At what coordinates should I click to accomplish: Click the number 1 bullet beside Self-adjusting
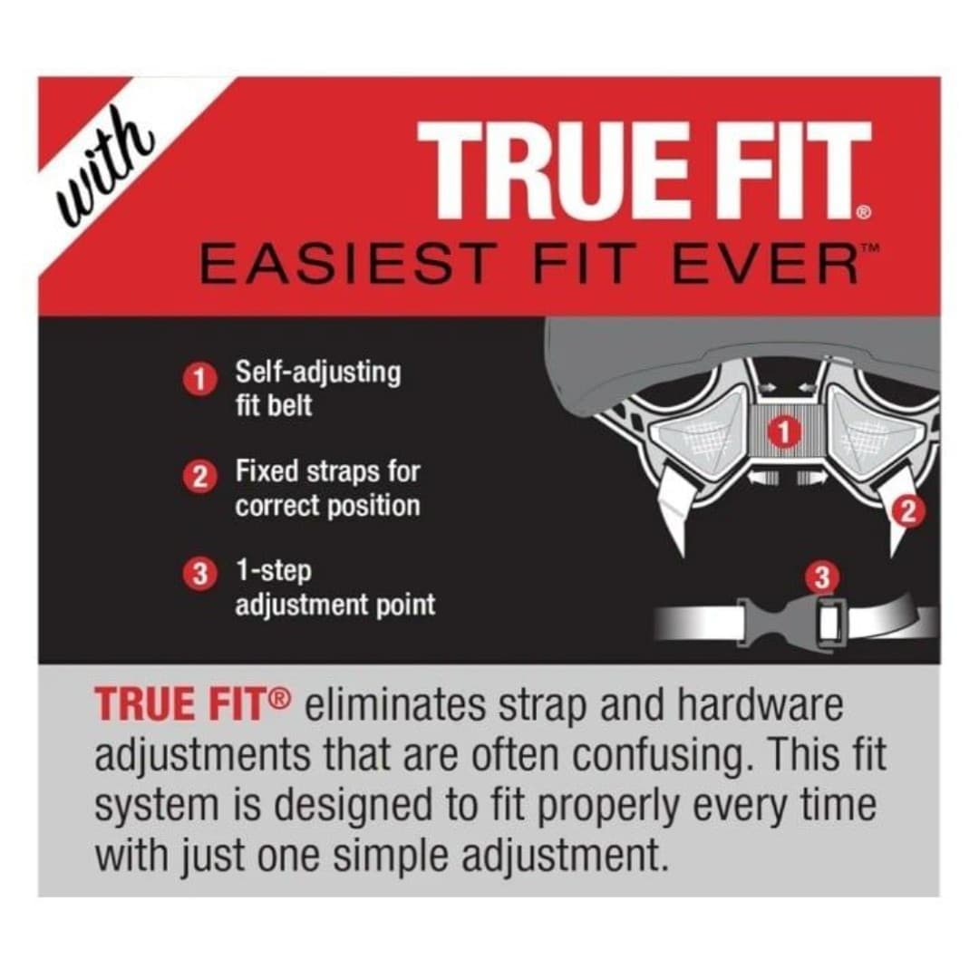199,380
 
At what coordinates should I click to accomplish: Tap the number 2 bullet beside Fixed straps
199,479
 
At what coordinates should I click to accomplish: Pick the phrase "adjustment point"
335,606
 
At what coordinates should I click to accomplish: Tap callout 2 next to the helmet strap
908,512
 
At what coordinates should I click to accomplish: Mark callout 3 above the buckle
823,578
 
